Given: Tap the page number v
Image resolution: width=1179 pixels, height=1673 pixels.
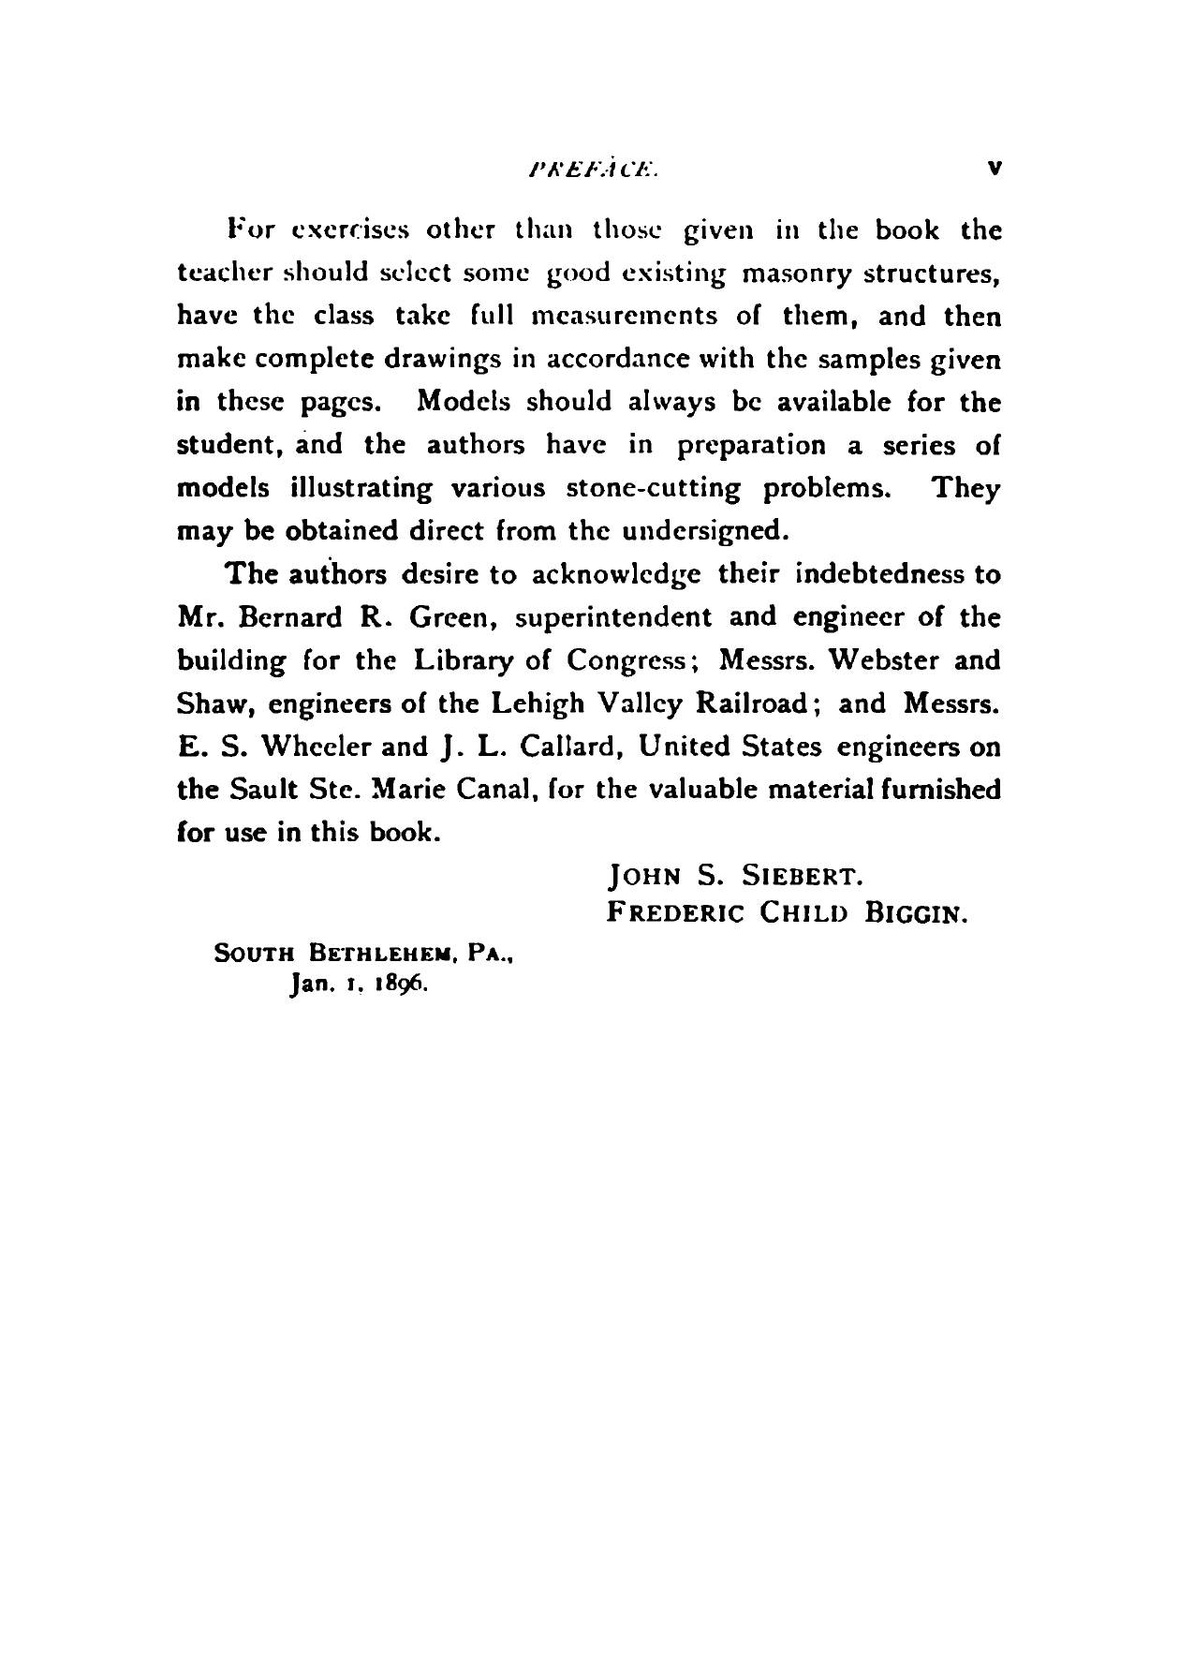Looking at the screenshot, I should [995, 170].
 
